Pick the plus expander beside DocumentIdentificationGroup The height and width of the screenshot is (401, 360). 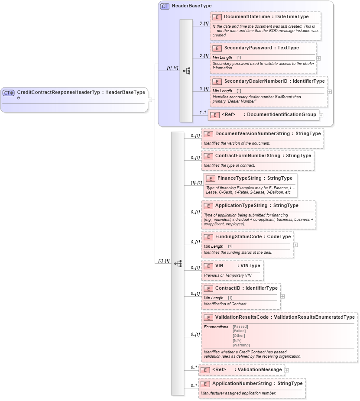pyautogui.click(x=321, y=115)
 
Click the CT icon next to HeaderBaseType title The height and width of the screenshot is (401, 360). pyautogui.click(x=165, y=6)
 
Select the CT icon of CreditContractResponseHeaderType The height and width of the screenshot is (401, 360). pyautogui.click(x=9, y=93)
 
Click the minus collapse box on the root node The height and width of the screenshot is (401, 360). pyautogui.click(x=150, y=100)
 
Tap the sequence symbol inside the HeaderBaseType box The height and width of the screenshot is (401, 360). pyautogui.click(x=186, y=71)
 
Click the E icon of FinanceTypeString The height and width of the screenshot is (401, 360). pyautogui.click(x=210, y=178)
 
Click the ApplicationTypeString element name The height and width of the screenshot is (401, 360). pyautogui.click(x=241, y=205)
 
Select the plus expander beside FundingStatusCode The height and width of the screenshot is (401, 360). pyautogui.click(x=295, y=245)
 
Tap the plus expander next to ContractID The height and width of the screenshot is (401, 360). pyautogui.click(x=282, y=296)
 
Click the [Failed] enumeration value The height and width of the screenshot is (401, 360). pyautogui.click(x=239, y=331)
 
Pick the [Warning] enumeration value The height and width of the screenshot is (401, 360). pyautogui.click(x=241, y=345)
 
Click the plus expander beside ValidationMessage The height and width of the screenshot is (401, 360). pyautogui.click(x=287, y=370)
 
